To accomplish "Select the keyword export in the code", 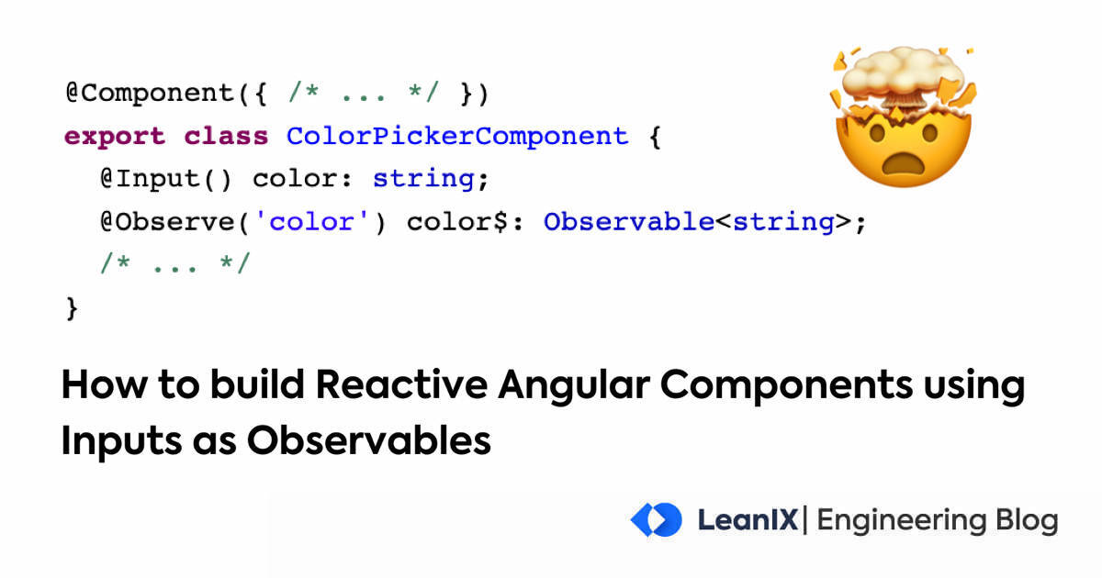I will tap(115, 137).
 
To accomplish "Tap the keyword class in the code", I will tap(226, 137).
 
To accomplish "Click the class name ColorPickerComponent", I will tap(456, 137).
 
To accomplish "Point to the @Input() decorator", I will tap(166, 179).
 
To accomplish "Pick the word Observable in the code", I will tap(628, 222).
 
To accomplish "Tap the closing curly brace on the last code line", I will tap(72, 308).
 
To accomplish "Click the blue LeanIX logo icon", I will tap(656, 520).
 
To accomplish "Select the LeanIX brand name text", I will tap(748, 520).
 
